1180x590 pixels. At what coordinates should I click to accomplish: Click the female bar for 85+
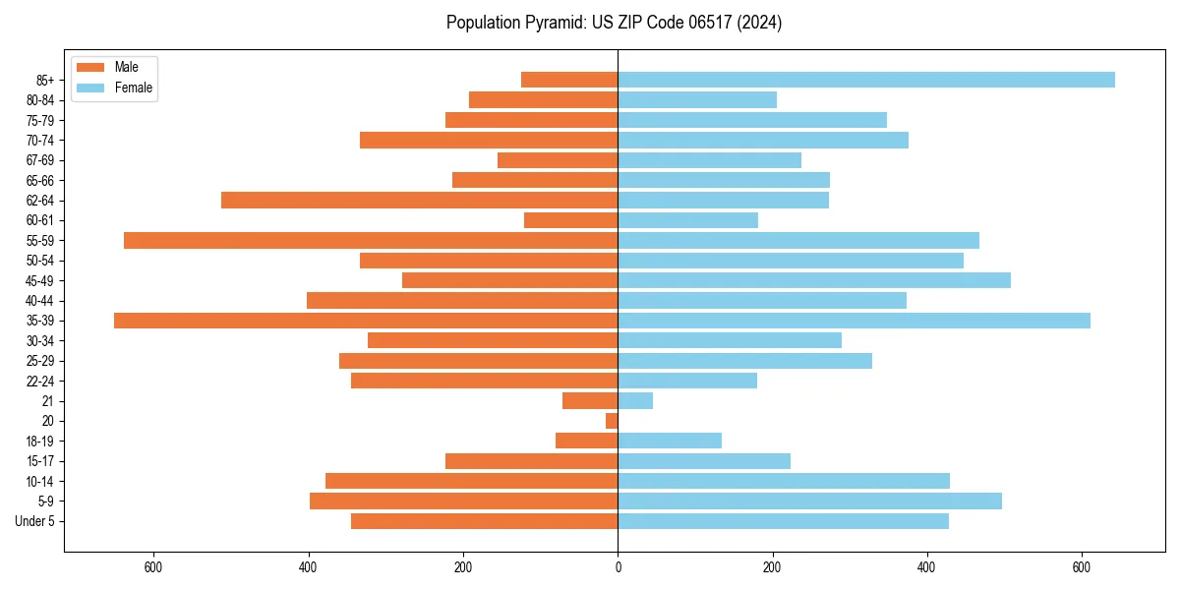click(865, 80)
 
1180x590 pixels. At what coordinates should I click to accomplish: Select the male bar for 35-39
click(366, 321)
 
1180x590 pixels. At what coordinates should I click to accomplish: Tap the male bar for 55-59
click(371, 240)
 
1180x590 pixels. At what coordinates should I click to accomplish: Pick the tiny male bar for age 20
click(612, 421)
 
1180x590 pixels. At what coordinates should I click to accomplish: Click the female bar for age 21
click(635, 401)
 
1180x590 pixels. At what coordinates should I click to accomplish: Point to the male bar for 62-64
click(419, 201)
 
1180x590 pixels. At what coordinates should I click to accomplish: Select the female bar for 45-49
click(814, 280)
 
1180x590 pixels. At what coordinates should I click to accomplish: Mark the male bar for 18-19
click(586, 441)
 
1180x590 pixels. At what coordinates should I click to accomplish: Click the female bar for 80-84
click(697, 99)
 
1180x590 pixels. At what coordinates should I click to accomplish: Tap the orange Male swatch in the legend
click(90, 67)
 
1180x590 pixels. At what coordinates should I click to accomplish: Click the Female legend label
click(134, 88)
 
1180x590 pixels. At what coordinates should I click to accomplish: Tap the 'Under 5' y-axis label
click(34, 521)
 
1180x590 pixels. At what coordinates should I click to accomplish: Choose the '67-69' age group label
click(40, 160)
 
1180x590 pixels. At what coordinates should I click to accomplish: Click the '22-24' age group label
click(40, 381)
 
